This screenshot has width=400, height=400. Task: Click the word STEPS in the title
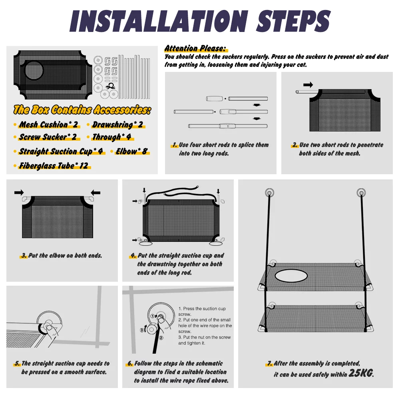click(293, 21)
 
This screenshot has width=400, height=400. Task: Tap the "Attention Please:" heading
click(195, 48)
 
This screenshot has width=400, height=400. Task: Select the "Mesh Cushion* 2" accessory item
click(48, 125)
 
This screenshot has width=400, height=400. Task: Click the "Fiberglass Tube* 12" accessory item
click(54, 166)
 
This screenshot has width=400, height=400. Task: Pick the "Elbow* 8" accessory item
click(131, 151)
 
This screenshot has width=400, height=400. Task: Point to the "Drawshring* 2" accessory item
click(117, 125)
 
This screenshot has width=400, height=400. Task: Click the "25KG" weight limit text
click(361, 373)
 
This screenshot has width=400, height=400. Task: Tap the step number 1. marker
click(175, 145)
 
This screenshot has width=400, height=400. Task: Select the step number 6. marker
click(130, 363)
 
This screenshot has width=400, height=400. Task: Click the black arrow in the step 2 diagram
click(308, 85)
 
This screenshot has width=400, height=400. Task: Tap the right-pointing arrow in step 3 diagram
click(19, 192)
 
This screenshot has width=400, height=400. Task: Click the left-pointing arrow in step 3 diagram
click(96, 193)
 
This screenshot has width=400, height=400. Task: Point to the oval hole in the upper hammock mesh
click(291, 276)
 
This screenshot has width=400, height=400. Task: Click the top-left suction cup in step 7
click(270, 192)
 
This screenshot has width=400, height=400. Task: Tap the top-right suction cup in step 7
click(361, 192)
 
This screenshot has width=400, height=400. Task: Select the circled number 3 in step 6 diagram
click(142, 330)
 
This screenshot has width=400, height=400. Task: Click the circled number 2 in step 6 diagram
click(161, 338)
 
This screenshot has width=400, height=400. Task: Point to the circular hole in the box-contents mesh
click(34, 70)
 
